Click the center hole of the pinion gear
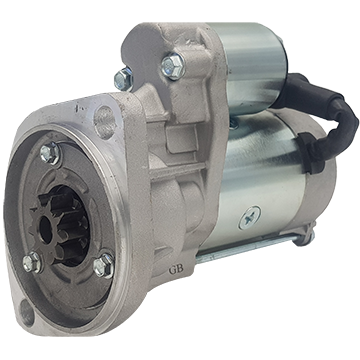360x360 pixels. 46,230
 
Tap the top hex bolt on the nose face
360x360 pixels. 50,153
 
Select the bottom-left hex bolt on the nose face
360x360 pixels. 33,262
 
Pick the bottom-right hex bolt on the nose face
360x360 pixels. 104,265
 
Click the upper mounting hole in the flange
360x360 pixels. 104,122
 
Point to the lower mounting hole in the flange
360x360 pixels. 27,313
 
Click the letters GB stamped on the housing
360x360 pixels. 176,270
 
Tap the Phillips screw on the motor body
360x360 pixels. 250,218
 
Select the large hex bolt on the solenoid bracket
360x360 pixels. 174,66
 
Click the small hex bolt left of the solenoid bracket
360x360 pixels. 124,79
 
